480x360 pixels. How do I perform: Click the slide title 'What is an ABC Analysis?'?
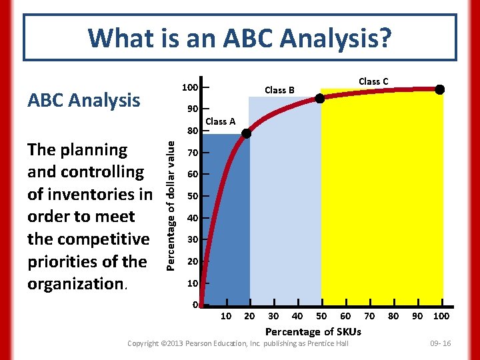click(x=239, y=38)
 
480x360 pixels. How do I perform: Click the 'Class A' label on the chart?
click(x=220, y=121)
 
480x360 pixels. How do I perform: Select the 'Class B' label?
click(x=279, y=90)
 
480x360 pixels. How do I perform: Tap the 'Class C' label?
click(x=373, y=81)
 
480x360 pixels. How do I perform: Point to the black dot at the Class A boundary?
click(x=246, y=133)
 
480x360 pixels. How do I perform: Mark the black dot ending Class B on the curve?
click(x=320, y=99)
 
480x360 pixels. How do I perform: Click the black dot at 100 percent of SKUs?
click(x=439, y=89)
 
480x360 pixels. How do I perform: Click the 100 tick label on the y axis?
click(x=190, y=88)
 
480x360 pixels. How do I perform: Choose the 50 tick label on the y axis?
click(x=193, y=196)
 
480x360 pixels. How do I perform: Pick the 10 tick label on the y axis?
click(x=193, y=283)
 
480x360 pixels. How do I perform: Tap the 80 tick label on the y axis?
click(x=193, y=131)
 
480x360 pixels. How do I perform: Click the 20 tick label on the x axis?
click(x=249, y=316)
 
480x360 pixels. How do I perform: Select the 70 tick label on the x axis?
click(x=369, y=316)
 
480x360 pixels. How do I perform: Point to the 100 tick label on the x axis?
click(x=441, y=316)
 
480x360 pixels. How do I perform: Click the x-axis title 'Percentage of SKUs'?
click(x=313, y=331)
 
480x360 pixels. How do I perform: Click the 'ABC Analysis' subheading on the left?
click(x=83, y=100)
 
